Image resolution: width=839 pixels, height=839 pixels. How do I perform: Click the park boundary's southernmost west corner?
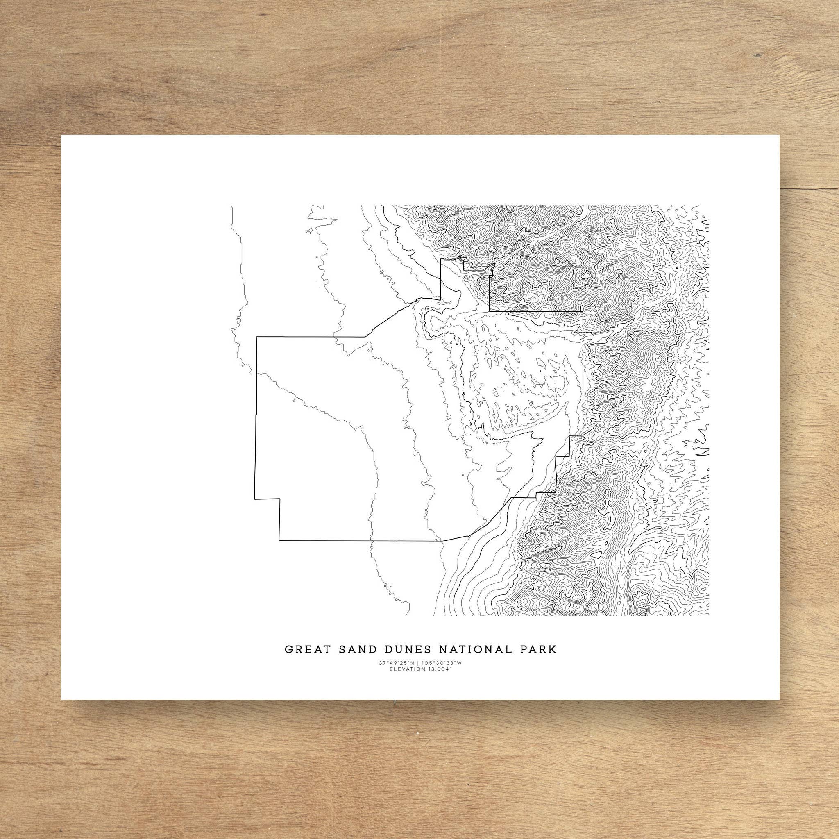coord(279,541)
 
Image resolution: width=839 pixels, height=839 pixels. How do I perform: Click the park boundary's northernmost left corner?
coord(441,259)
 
